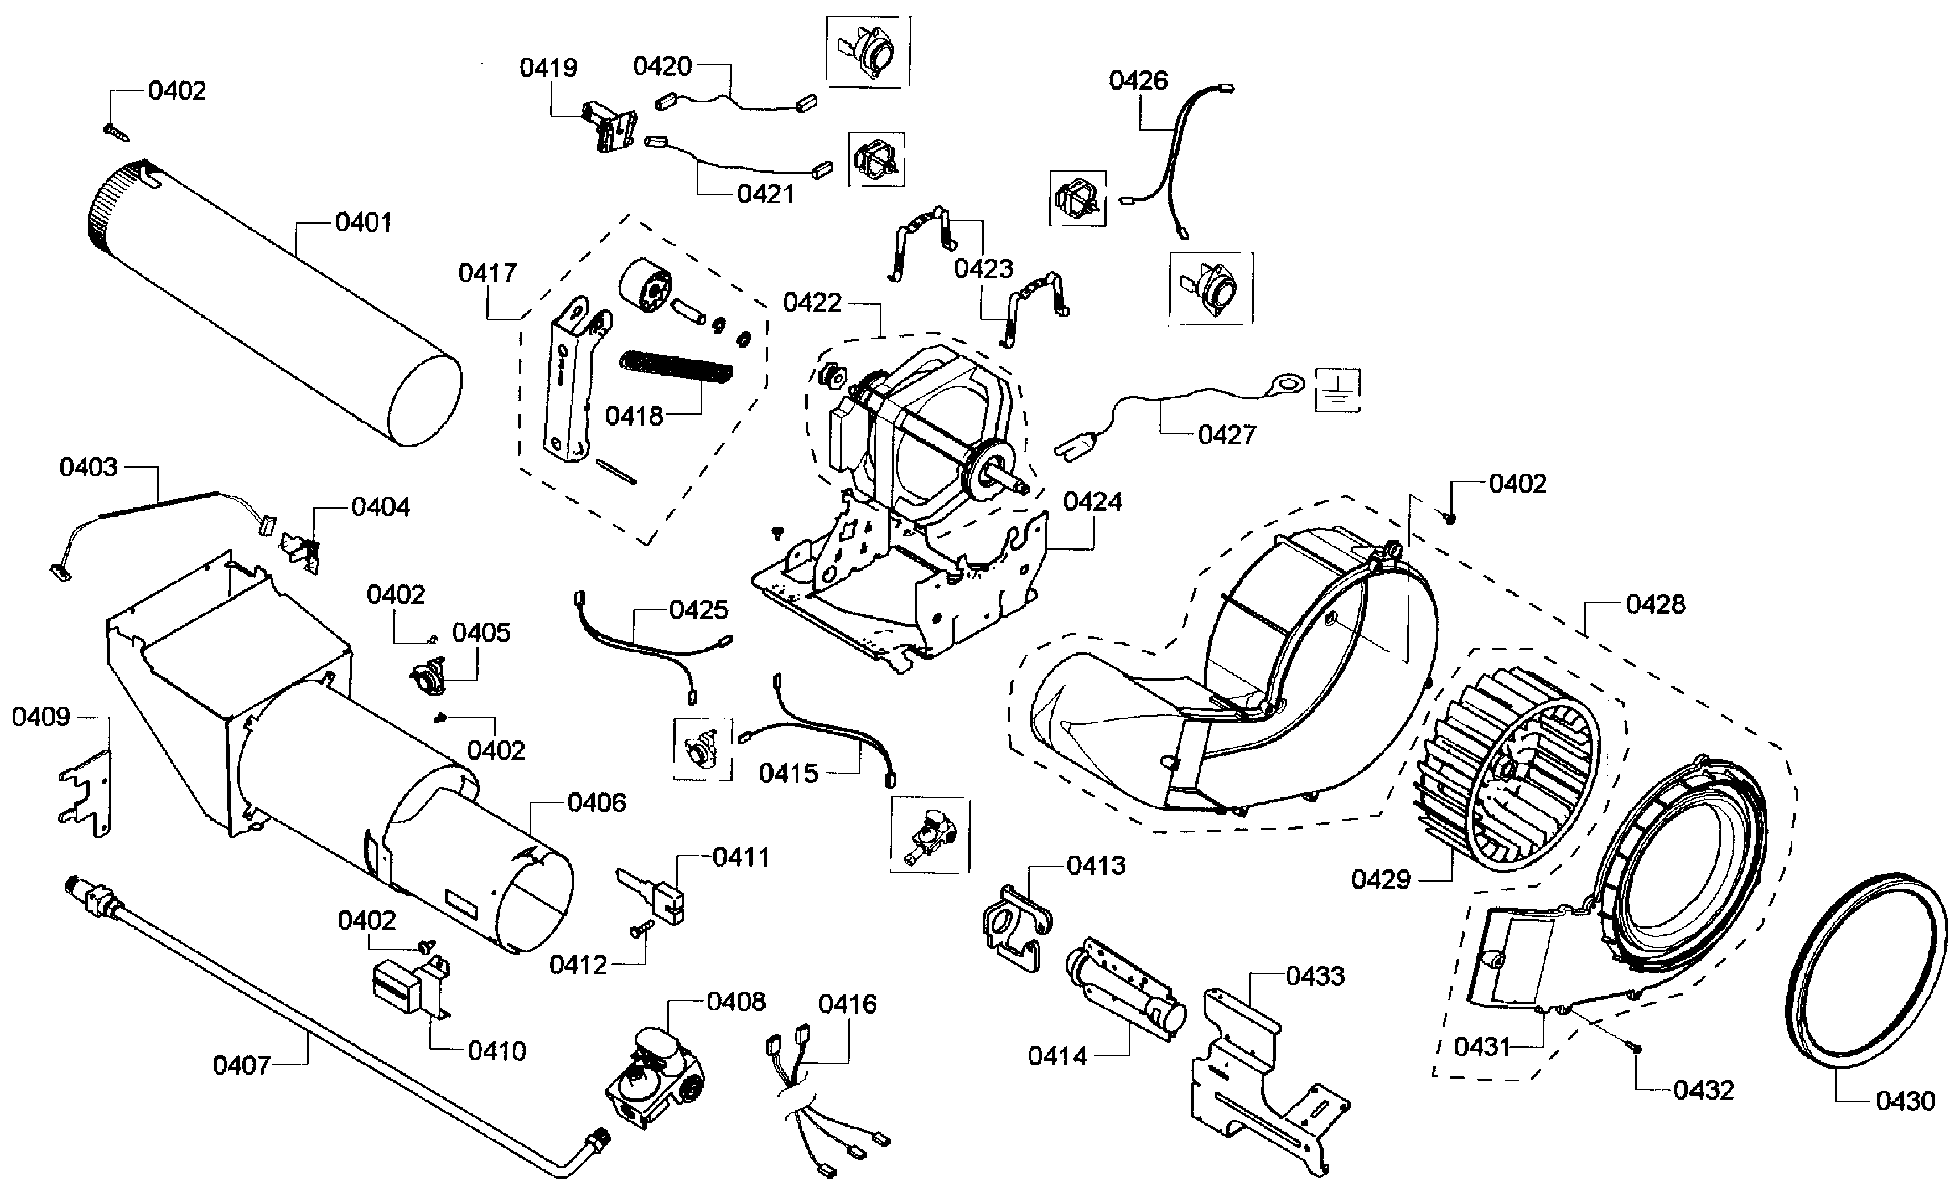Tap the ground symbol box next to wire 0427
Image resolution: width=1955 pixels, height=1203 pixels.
point(1338,390)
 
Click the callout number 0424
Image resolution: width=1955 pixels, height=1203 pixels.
point(1092,502)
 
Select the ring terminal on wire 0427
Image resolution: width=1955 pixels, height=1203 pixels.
point(1287,386)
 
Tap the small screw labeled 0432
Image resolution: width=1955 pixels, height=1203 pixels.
point(1637,1048)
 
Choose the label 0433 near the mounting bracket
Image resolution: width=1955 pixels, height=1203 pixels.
point(1315,976)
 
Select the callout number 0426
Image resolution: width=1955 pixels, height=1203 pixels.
point(1139,80)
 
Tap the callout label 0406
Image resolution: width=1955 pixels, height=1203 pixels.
point(597,803)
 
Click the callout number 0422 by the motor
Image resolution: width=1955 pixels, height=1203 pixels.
point(812,303)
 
